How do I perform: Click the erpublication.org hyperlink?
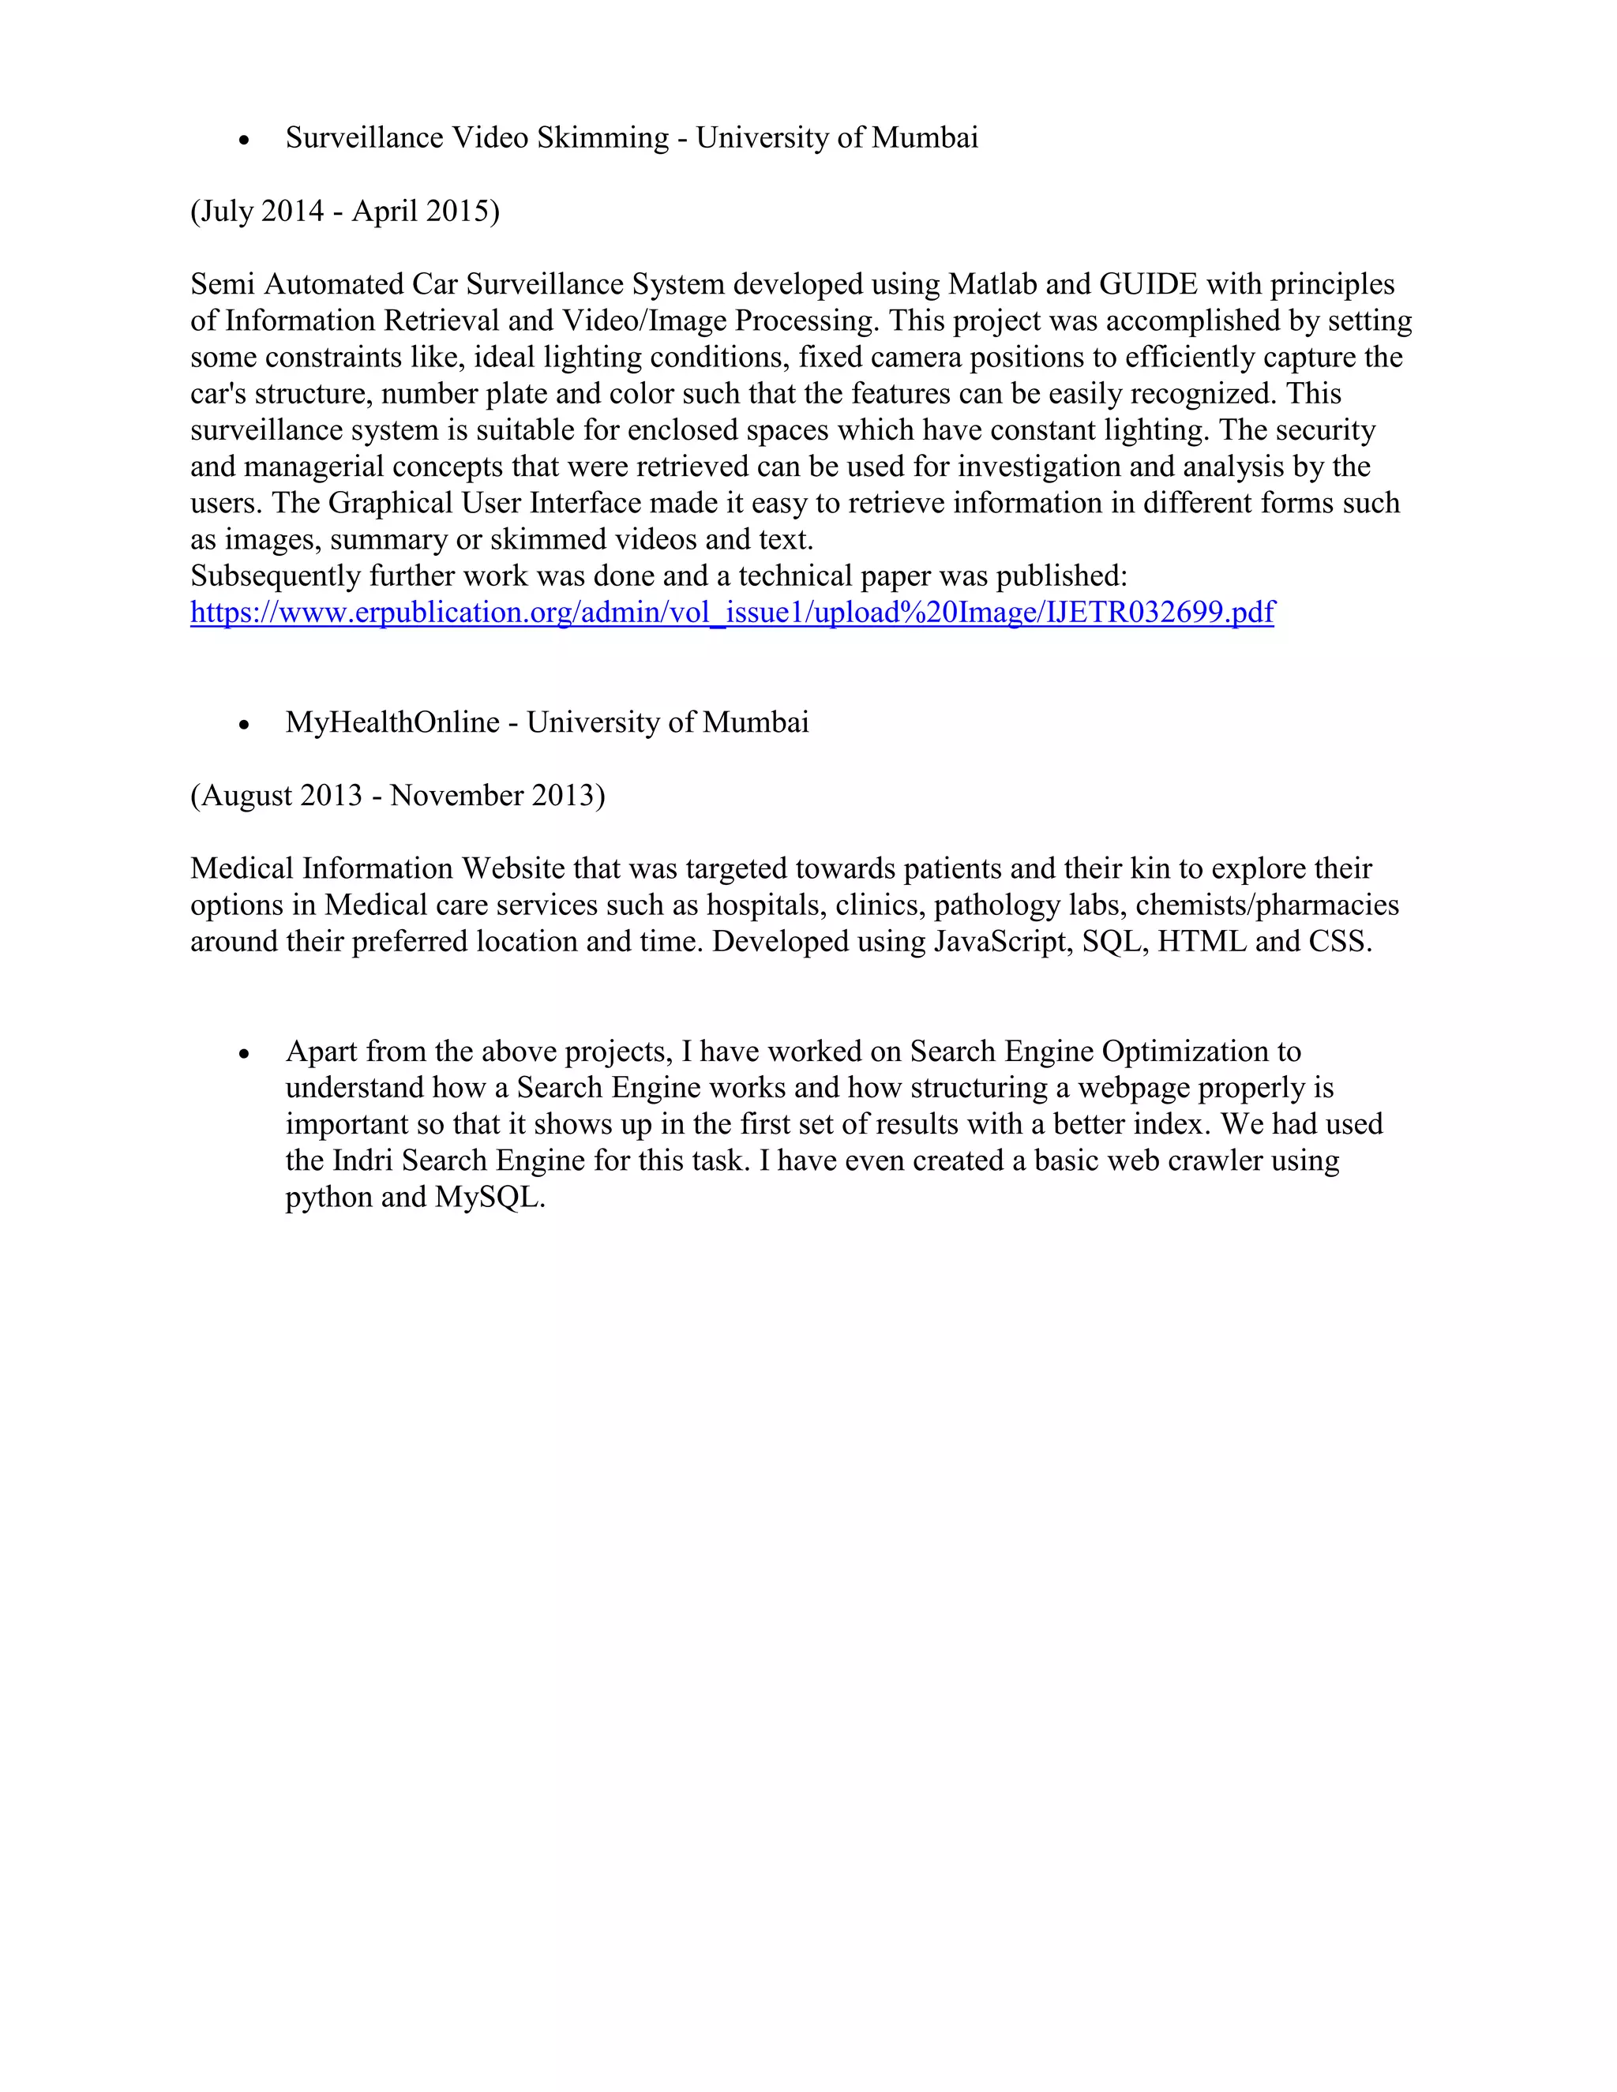click(732, 612)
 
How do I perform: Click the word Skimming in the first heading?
click(602, 138)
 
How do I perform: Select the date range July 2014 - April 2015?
click(345, 211)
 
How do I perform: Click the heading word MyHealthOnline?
click(392, 722)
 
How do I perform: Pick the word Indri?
click(363, 1161)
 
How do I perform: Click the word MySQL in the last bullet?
click(489, 1198)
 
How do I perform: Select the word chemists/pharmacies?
click(1266, 905)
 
